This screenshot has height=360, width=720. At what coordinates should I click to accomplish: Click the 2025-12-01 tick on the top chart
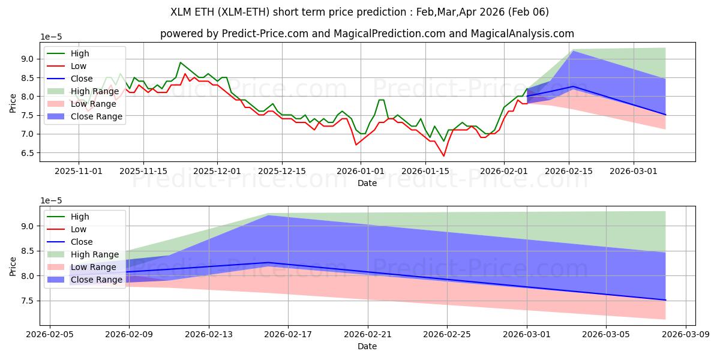tap(217, 171)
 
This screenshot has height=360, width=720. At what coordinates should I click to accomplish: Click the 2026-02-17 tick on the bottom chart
tap(288, 334)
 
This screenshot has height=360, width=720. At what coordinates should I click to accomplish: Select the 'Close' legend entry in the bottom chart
tap(81, 242)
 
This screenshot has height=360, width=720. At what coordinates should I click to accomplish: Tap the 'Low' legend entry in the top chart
tap(78, 66)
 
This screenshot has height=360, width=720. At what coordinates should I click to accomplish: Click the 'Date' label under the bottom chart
tap(367, 346)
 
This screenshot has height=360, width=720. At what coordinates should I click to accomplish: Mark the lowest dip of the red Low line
tap(444, 156)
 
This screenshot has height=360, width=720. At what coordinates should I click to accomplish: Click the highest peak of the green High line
tap(180, 62)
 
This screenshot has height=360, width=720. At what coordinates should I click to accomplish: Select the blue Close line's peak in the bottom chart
tap(268, 263)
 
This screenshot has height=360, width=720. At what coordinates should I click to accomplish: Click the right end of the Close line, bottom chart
tap(665, 300)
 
